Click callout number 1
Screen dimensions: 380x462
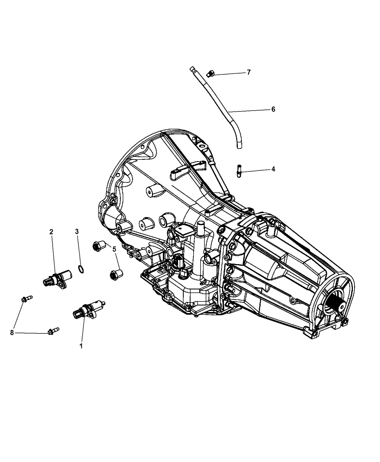tap(81, 346)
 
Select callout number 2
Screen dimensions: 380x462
tap(51, 232)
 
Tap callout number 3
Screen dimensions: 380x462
tap(77, 232)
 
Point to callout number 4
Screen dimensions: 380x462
tap(273, 169)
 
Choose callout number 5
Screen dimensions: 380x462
tap(114, 249)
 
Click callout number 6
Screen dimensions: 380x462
tap(273, 109)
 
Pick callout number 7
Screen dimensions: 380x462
tap(249, 72)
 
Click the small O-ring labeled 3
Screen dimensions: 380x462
tap(81, 269)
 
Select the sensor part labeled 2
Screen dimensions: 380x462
tap(58, 279)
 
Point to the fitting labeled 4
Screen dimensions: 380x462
tap(239, 171)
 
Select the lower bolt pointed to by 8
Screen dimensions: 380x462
tap(54, 331)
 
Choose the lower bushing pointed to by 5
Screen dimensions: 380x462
tap(116, 275)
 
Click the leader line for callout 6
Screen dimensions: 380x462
tap(250, 111)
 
